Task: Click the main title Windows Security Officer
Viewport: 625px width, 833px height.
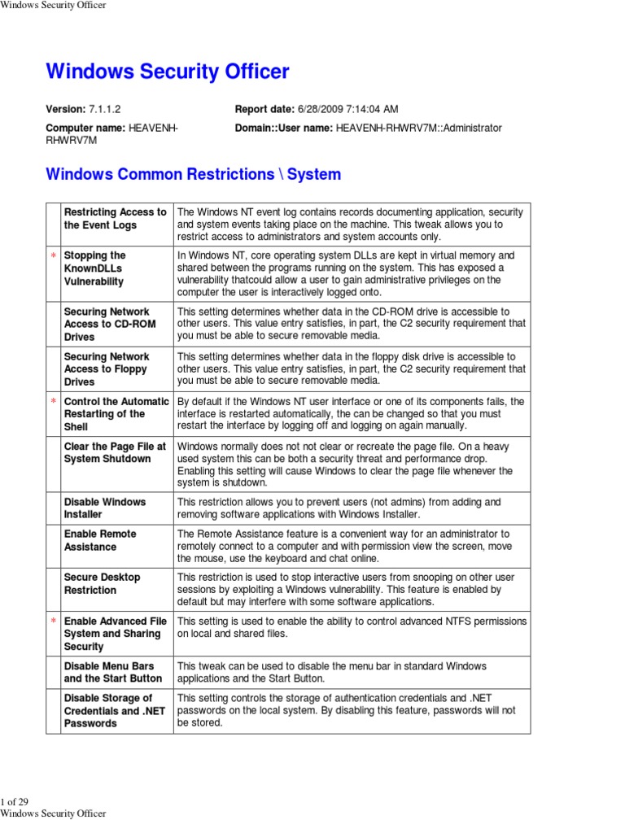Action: tap(167, 72)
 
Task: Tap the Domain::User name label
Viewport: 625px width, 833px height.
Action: tap(283, 128)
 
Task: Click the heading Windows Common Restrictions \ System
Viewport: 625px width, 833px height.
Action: tap(193, 174)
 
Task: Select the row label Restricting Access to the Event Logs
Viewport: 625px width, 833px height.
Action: tap(115, 219)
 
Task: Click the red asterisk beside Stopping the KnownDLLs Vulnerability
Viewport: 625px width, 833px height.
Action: tap(53, 256)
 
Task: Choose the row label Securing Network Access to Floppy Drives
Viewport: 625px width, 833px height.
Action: tap(107, 369)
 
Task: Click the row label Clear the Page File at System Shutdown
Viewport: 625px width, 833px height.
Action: tap(115, 452)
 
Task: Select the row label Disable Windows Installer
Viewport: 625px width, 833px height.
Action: tap(104, 508)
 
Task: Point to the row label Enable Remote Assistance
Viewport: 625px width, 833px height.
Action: tap(100, 540)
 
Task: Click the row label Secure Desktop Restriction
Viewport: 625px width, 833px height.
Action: tap(102, 583)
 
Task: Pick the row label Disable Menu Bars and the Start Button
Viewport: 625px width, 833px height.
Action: tap(112, 672)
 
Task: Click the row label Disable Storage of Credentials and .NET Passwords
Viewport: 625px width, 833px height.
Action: tap(114, 710)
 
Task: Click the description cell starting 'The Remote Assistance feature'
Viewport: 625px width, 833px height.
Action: tap(350, 546)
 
